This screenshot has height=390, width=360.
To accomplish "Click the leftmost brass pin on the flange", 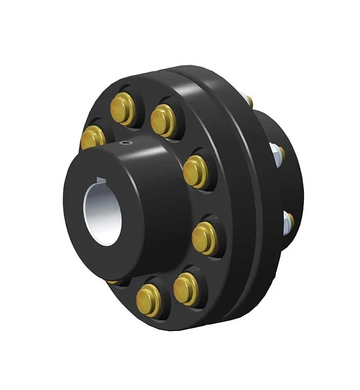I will [93, 137].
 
